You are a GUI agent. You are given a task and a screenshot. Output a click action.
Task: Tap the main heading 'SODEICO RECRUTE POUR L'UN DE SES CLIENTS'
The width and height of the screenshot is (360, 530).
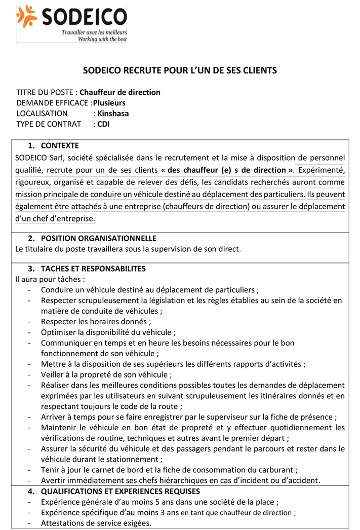click(x=180, y=70)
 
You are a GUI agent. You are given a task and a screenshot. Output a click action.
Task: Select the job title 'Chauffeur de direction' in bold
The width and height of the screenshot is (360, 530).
click(x=120, y=92)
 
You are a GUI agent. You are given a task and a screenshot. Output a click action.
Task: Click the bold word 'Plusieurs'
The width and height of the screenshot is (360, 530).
click(x=112, y=103)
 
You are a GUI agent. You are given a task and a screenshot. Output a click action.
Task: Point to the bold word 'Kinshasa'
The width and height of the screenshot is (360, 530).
click(x=113, y=113)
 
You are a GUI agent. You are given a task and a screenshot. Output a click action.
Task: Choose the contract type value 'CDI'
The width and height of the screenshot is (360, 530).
click(x=103, y=124)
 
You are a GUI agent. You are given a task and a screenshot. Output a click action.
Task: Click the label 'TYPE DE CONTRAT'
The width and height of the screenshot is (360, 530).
click(x=49, y=124)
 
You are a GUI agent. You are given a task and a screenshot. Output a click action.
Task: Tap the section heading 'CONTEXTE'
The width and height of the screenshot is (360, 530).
click(x=60, y=145)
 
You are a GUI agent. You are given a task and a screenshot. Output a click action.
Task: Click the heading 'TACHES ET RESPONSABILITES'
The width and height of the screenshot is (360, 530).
click(x=93, y=269)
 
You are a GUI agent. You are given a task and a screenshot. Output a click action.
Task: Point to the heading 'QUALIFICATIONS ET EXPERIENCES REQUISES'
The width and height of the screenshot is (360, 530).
click(x=121, y=491)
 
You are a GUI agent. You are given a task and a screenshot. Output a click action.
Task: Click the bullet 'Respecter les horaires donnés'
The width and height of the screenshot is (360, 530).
click(x=95, y=321)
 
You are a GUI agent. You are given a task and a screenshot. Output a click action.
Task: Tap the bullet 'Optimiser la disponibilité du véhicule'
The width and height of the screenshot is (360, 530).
click(x=108, y=332)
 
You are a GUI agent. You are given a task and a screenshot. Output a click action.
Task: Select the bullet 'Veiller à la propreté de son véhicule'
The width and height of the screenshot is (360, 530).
click(x=106, y=375)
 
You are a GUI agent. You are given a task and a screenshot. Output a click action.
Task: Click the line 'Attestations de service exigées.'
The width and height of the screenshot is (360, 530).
click(x=96, y=523)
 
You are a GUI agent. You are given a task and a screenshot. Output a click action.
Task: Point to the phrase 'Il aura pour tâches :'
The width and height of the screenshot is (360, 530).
click(x=50, y=279)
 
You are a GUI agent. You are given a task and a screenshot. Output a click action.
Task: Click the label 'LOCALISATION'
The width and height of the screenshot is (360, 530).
click(x=42, y=113)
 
